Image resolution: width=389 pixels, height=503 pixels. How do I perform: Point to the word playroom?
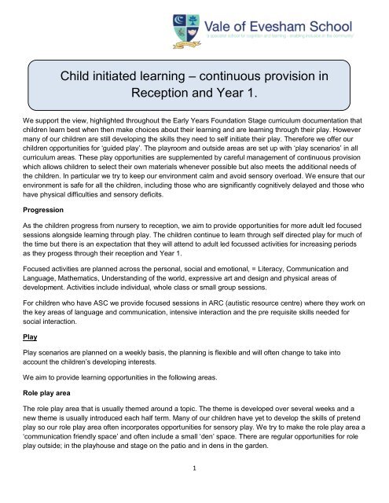pyautogui.click(x=130, y=167)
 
